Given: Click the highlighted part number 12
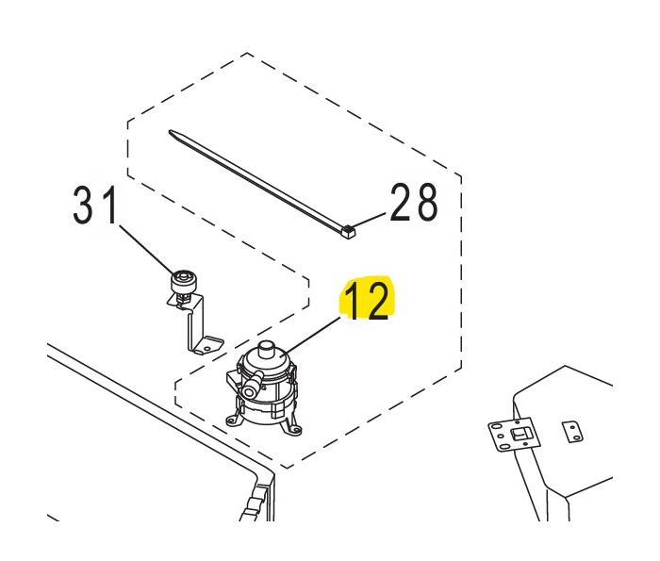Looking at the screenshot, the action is [367, 300].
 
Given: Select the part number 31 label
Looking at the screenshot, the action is [94, 205].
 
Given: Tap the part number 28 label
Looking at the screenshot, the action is [414, 202].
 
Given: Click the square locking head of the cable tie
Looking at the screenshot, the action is [348, 231].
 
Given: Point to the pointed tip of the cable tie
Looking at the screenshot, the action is [171, 132].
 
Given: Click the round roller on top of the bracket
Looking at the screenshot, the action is [183, 281].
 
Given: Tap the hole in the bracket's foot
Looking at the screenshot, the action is [207, 348].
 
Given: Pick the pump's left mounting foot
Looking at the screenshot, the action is [233, 420].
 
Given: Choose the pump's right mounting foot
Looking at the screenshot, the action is [294, 428].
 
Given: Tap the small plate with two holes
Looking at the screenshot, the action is [573, 432].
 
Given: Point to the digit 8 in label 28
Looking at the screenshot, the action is [425, 203].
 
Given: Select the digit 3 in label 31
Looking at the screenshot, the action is [84, 206].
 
